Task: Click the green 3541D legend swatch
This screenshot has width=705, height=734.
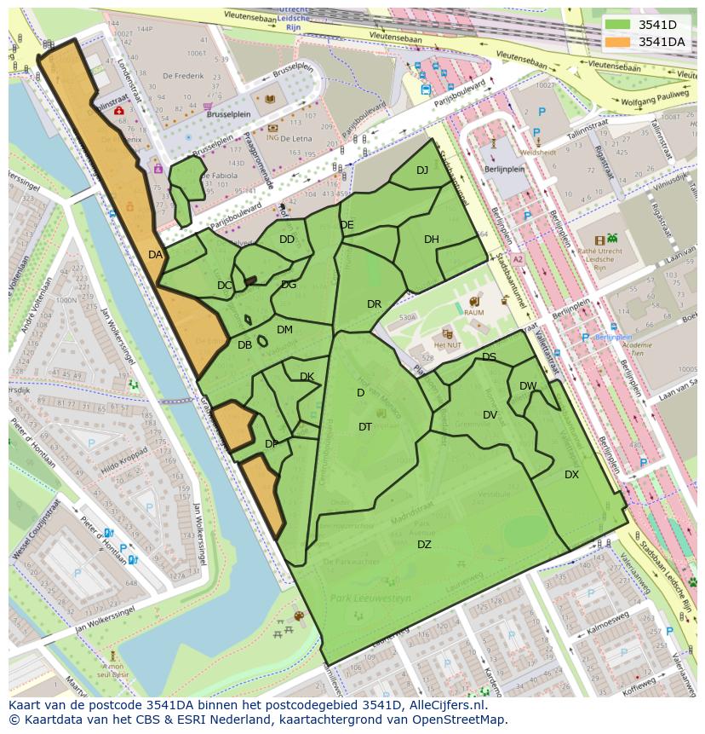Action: tap(618, 25)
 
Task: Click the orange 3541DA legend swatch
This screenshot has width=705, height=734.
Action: tap(618, 42)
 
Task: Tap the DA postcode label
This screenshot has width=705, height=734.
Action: tap(155, 255)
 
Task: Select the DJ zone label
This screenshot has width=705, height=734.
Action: tap(422, 170)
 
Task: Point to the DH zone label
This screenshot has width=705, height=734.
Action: tap(432, 240)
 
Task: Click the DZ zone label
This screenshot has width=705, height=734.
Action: tap(424, 545)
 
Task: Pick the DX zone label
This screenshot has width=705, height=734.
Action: tap(571, 475)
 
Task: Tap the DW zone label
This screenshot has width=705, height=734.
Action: tap(528, 386)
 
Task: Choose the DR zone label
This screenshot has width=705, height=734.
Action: tap(374, 304)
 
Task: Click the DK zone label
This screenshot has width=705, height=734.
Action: tap(307, 377)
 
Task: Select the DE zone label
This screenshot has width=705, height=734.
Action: tap(347, 225)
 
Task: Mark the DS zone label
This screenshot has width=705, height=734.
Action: tap(489, 357)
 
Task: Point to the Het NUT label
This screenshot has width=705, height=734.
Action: tap(448, 345)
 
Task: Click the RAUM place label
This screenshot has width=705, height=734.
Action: tap(474, 313)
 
